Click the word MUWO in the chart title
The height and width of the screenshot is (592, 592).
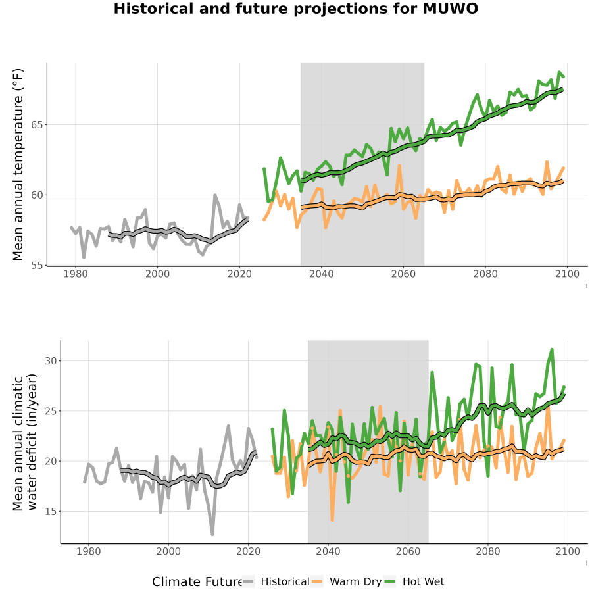450,9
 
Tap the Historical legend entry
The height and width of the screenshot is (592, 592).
276,581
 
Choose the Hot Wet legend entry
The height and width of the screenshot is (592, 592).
414,581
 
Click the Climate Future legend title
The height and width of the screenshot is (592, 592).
197,582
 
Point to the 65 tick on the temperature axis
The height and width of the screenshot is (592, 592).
37,124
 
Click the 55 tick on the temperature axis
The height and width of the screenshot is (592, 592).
37,266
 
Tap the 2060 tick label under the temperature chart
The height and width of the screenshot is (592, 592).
403,274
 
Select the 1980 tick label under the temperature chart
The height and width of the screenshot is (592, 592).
76,274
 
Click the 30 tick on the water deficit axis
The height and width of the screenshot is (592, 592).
51,361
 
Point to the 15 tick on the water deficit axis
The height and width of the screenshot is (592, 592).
51,512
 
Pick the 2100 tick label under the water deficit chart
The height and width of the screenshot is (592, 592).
568,551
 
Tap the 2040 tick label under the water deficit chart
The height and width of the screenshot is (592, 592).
328,551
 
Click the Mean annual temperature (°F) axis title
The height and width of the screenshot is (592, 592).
17,164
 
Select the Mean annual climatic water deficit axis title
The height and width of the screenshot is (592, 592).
24,442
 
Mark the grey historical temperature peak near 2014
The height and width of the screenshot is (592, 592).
215,195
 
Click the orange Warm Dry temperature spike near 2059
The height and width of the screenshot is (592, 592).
399,165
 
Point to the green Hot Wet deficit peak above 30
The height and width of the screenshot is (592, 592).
552,350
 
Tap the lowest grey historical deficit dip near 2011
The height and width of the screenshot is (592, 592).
212,534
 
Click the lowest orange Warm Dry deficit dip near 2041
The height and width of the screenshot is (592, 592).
332,520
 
